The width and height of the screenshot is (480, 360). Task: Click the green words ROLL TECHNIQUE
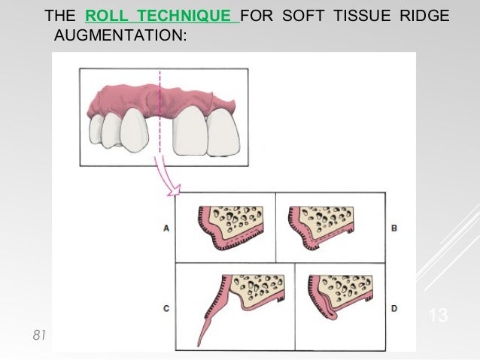[162, 16]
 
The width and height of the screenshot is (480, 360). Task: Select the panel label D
[393, 308]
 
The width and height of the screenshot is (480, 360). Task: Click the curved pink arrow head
[175, 195]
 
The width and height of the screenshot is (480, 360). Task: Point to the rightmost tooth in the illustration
[225, 132]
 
